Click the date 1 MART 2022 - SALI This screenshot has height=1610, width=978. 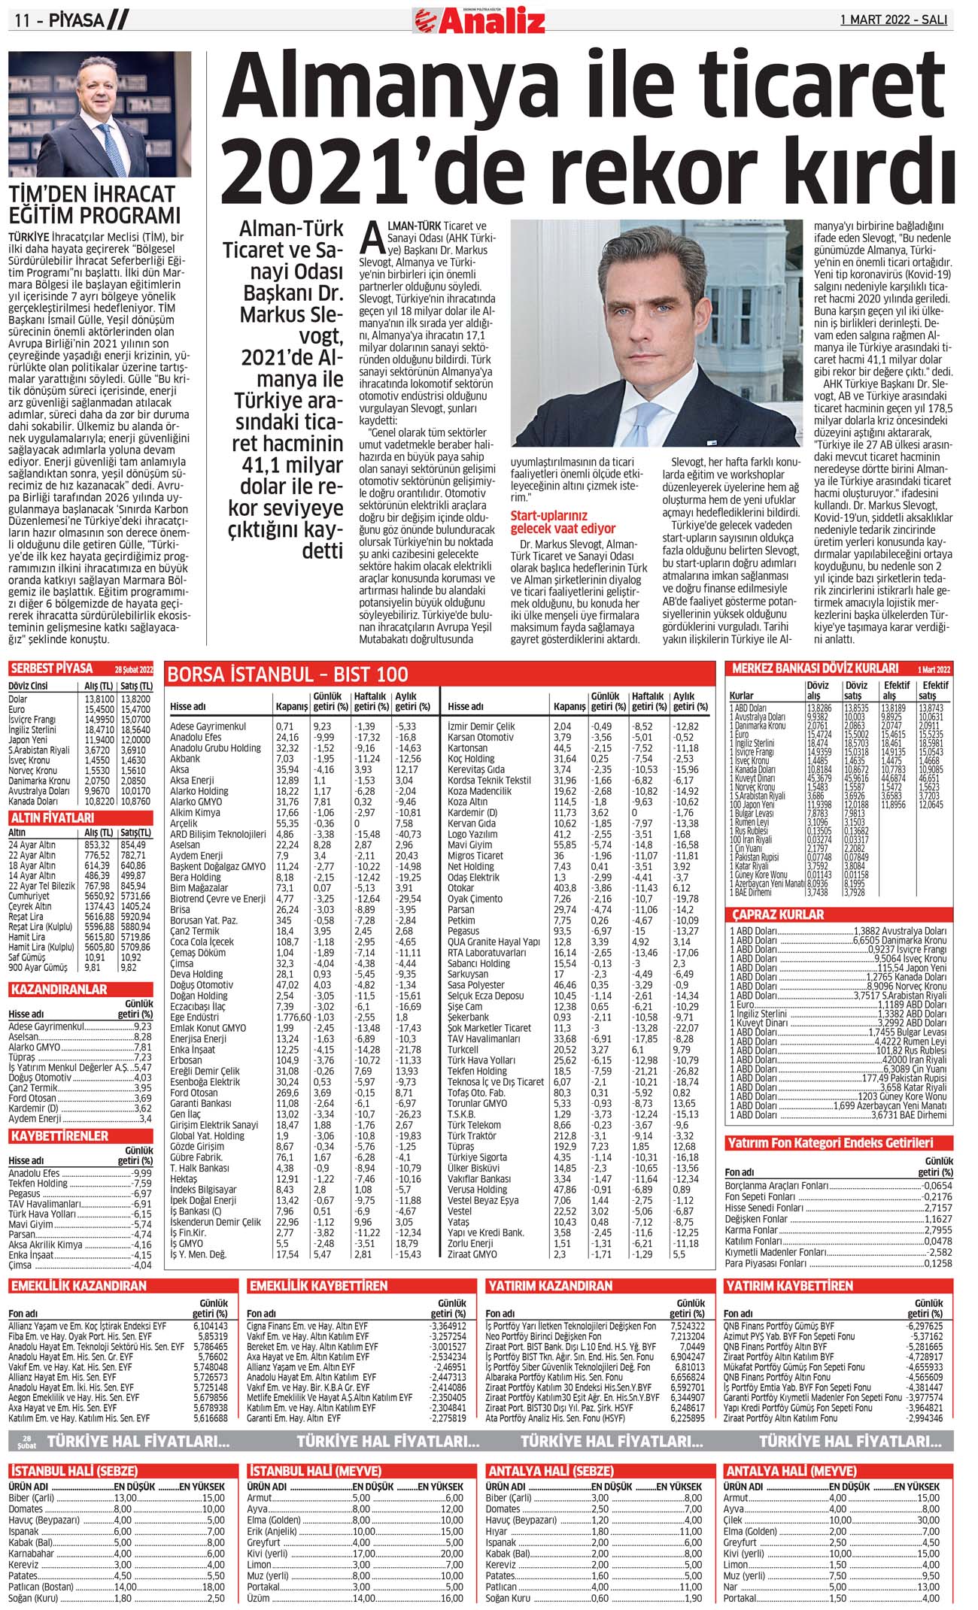click(x=894, y=20)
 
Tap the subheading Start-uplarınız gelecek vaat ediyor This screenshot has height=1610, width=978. click(x=563, y=522)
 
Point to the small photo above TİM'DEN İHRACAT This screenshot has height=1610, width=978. click(x=100, y=114)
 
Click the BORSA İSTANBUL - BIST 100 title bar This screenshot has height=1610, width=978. click(x=288, y=674)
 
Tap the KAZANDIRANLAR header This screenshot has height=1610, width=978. click(x=59, y=990)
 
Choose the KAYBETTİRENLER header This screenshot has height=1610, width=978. click(x=60, y=1135)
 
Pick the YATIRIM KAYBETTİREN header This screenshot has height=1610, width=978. click(x=789, y=1286)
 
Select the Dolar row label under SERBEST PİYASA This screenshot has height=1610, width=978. click(x=18, y=699)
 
